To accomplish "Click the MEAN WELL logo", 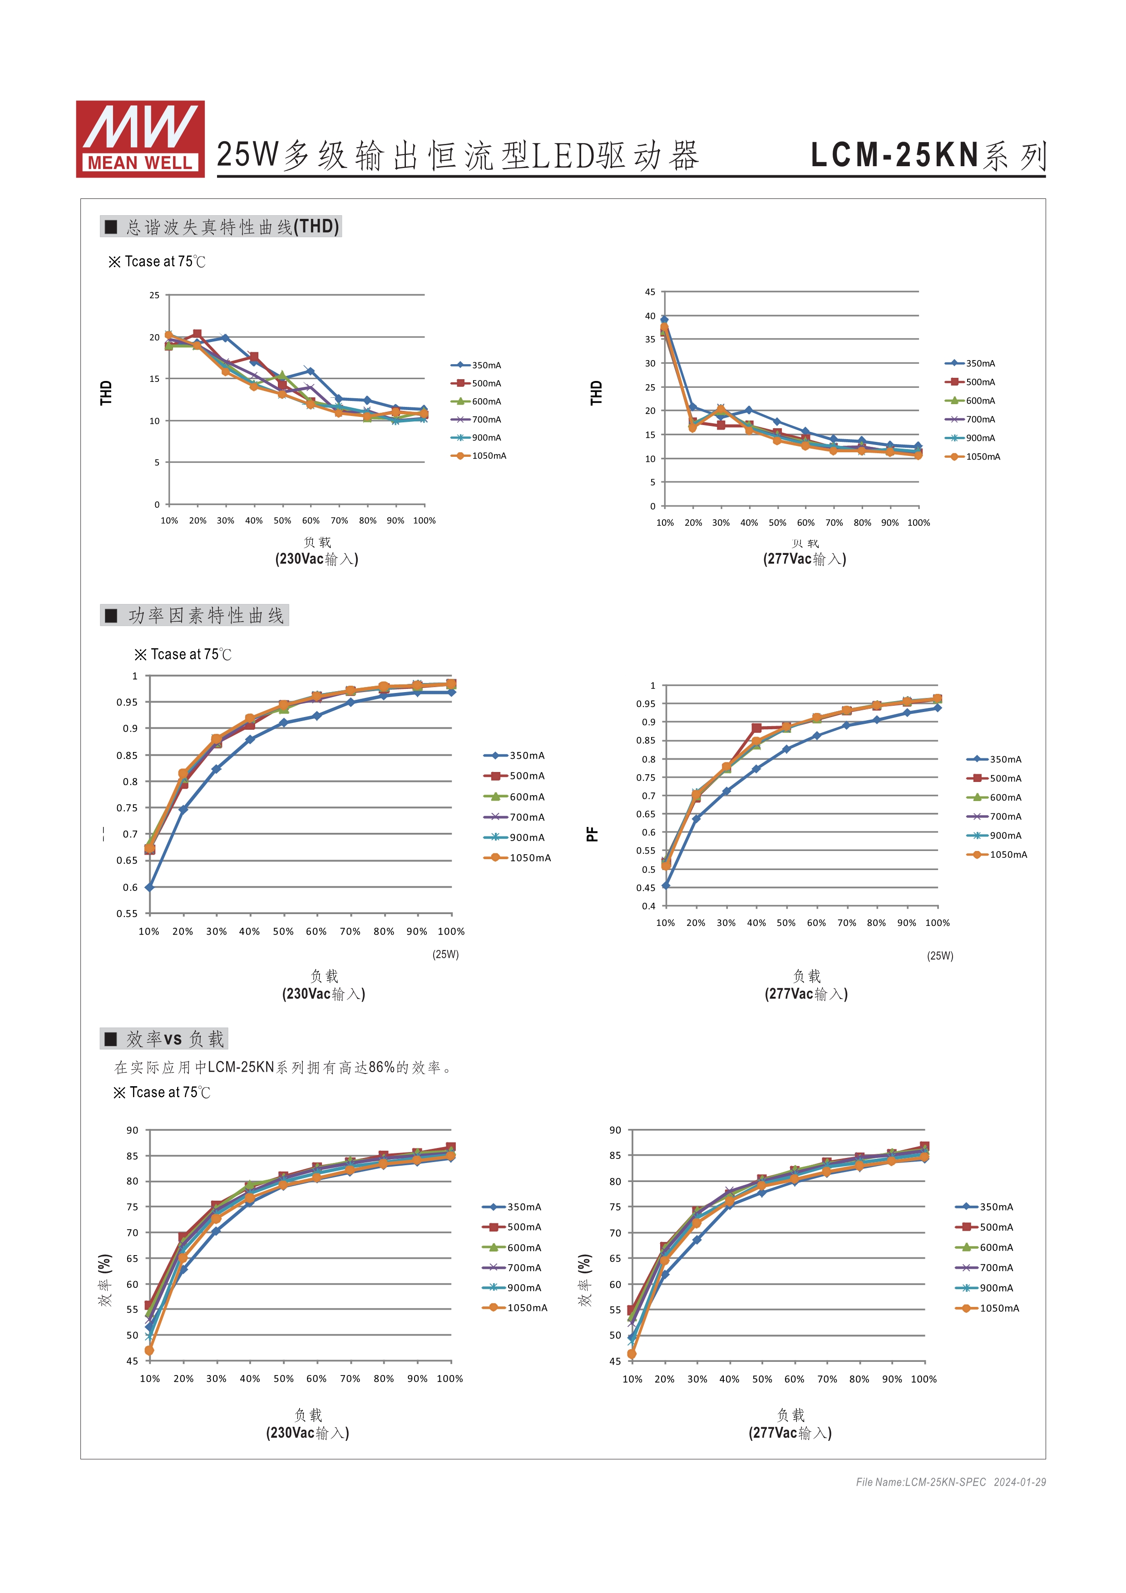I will tap(140, 139).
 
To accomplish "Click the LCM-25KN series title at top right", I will tap(928, 155).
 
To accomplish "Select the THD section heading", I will tap(221, 227).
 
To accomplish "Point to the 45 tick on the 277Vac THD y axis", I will tap(650, 292).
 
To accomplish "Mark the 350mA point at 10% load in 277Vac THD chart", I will tap(664, 320).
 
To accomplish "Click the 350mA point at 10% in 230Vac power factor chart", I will tap(149, 887).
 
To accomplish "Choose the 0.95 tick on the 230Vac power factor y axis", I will tap(127, 702).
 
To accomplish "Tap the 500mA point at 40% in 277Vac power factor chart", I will tap(756, 728).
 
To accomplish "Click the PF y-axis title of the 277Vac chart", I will tap(592, 834).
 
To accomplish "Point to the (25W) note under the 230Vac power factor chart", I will tap(445, 954).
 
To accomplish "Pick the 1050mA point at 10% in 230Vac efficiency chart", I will tap(149, 1350).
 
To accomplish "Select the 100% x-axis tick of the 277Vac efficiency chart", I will tap(924, 1379).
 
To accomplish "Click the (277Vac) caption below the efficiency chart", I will tap(790, 1433).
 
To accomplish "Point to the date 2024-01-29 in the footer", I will tap(1019, 1482).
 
